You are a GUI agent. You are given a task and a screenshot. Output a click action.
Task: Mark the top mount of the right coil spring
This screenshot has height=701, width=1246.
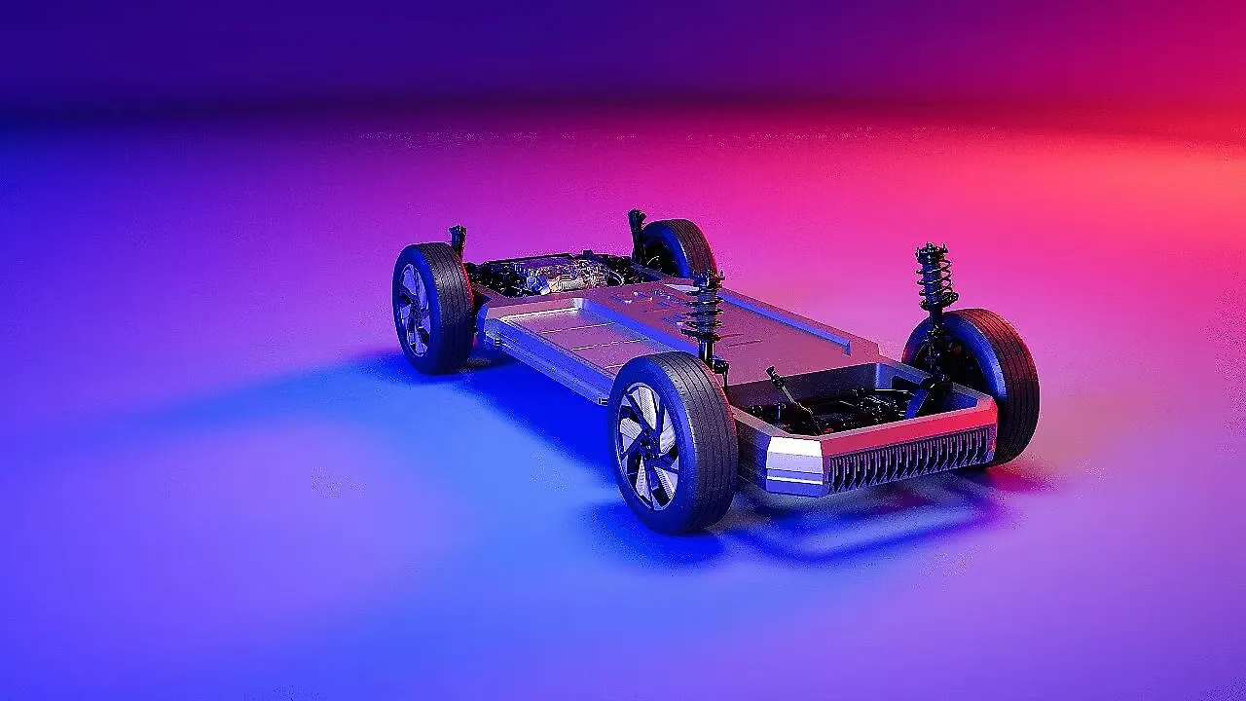pyautogui.click(x=932, y=250)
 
